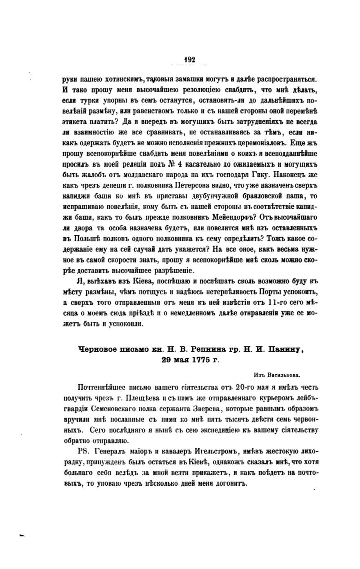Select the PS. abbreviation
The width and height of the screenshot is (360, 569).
point(82,452)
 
